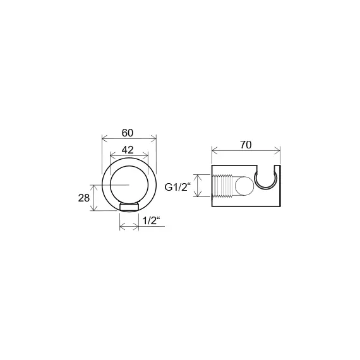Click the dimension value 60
(128, 133)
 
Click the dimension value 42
(128, 150)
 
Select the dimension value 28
(84, 198)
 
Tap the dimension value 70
(246, 145)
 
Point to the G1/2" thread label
(178, 188)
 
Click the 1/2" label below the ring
(152, 221)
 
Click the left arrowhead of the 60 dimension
(105, 138)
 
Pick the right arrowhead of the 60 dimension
(153, 138)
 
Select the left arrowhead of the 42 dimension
(113, 157)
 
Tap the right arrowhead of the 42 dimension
(145, 157)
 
